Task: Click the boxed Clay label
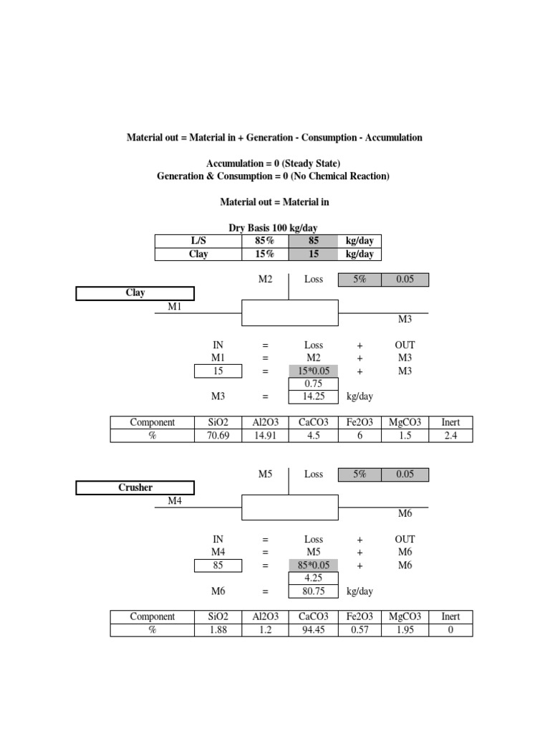[x=135, y=292]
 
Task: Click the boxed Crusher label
[x=135, y=487]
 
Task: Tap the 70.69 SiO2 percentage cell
[x=218, y=436]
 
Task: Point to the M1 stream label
[x=175, y=306]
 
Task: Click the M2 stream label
[x=266, y=279]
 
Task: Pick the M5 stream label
[x=266, y=474]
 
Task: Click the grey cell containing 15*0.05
[x=313, y=371]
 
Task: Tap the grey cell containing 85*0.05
[x=313, y=565]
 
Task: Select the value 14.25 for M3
[x=313, y=396]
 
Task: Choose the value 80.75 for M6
[x=313, y=591]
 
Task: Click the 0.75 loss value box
[x=313, y=383]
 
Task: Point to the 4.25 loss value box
[x=313, y=578]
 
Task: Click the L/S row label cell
[x=198, y=241]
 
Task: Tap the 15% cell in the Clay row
[x=265, y=254]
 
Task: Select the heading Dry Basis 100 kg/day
[x=273, y=227]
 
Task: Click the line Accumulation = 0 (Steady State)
[x=273, y=164]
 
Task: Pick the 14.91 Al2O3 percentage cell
[x=266, y=436]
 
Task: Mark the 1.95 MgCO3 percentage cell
[x=405, y=630]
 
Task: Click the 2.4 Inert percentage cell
[x=450, y=436]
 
